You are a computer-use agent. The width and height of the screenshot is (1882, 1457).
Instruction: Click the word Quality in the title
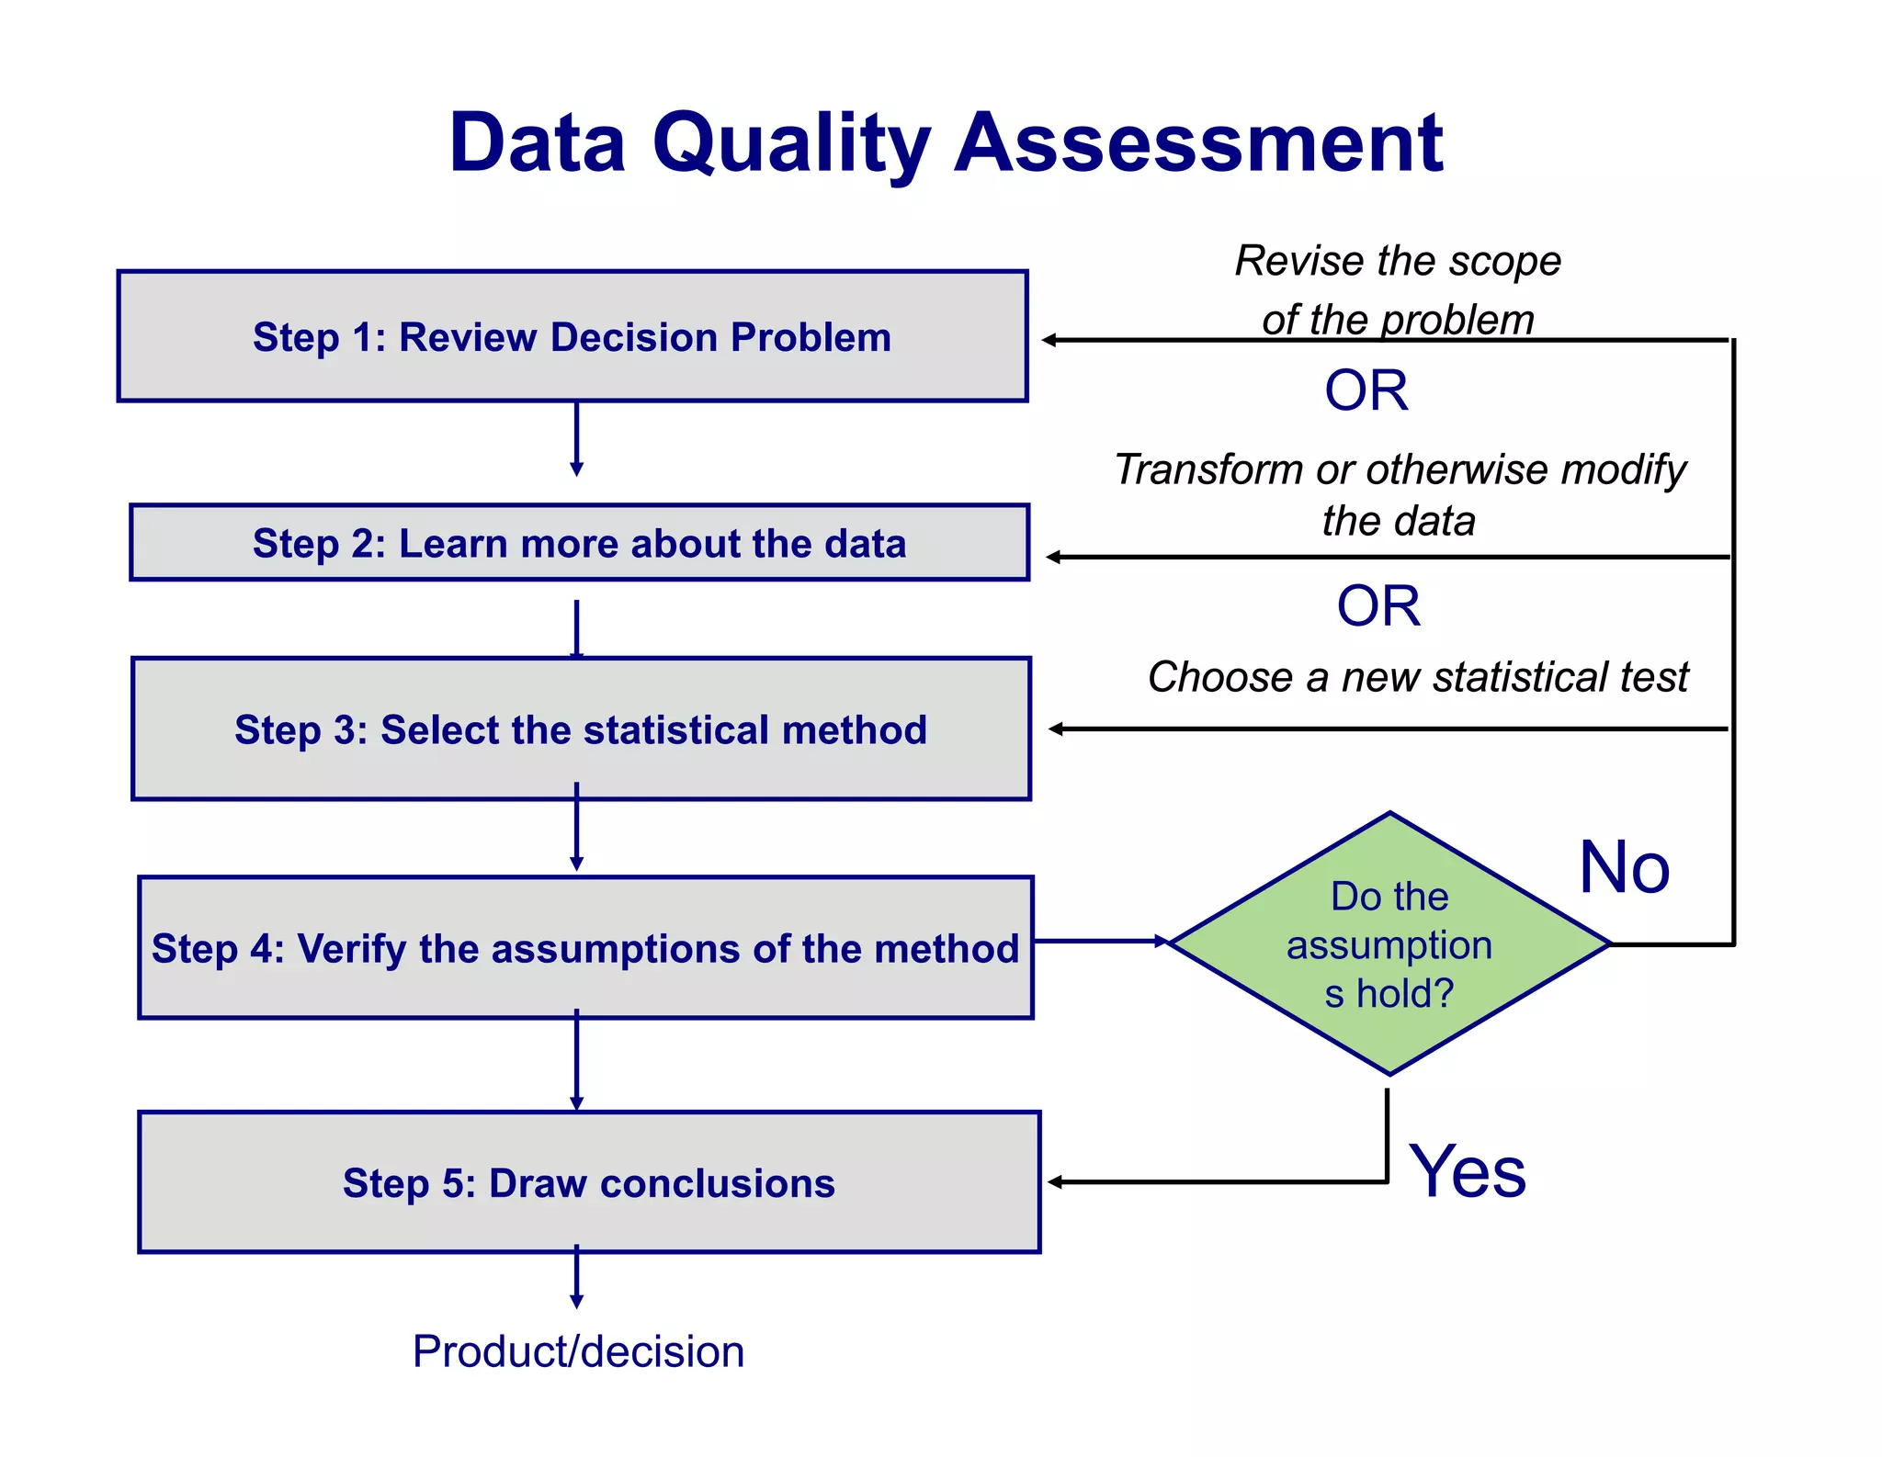[x=790, y=145]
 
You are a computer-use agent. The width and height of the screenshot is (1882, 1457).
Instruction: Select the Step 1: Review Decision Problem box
[x=572, y=337]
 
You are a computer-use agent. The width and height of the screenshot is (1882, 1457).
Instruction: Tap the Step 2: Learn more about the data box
[x=579, y=543]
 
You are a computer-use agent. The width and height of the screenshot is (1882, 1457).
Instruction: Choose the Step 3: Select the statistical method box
[x=581, y=729]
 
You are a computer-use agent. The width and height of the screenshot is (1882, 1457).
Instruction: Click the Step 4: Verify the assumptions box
[x=585, y=948]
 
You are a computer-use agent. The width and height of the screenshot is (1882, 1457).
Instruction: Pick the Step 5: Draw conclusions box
[x=588, y=1183]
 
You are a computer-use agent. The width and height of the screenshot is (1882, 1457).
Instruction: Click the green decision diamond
[x=1389, y=944]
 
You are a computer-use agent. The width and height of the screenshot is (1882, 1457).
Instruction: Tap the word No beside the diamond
[x=1624, y=868]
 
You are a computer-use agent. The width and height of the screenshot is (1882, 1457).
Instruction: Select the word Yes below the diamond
[x=1467, y=1172]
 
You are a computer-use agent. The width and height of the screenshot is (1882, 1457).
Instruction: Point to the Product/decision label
[x=578, y=1352]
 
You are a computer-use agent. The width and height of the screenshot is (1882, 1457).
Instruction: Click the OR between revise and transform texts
[x=1366, y=391]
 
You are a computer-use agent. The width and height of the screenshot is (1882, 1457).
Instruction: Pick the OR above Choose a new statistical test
[x=1377, y=607]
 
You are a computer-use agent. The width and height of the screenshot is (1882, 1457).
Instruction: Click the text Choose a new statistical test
[x=1417, y=678]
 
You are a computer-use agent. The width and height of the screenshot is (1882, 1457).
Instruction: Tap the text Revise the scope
[x=1397, y=262]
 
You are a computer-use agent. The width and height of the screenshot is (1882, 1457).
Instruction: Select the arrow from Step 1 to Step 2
[x=576, y=439]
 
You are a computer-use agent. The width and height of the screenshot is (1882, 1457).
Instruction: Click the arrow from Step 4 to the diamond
[x=1099, y=942]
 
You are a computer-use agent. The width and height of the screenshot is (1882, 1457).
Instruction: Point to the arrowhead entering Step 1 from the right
[x=1049, y=341]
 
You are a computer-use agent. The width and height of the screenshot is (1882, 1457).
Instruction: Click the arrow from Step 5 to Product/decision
[x=576, y=1279]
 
